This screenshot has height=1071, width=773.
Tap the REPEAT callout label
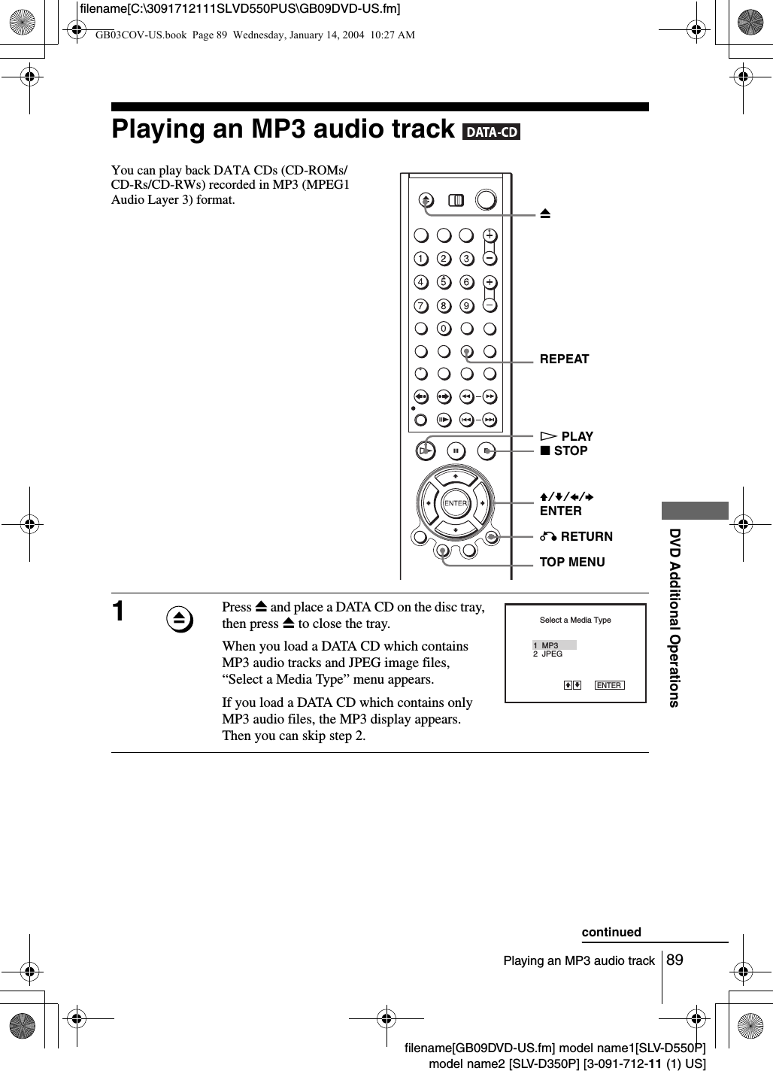click(564, 359)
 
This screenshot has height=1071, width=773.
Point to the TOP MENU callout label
click(571, 562)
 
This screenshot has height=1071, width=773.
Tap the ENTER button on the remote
click(455, 502)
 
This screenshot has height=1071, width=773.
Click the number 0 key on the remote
click(444, 329)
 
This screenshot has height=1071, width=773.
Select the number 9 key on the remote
click(467, 305)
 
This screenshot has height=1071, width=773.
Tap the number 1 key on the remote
click(420, 259)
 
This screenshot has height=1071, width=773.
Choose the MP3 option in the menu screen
click(550, 645)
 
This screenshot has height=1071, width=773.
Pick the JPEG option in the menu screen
click(552, 654)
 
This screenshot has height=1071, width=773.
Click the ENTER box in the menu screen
click(609, 685)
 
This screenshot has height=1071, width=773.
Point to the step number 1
click(119, 611)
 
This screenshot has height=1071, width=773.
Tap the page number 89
click(674, 960)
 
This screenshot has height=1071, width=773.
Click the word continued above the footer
click(611, 932)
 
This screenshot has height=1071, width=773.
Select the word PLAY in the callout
click(577, 436)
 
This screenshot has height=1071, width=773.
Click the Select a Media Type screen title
click(575, 620)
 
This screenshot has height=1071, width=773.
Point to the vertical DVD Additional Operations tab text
click(674, 617)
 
